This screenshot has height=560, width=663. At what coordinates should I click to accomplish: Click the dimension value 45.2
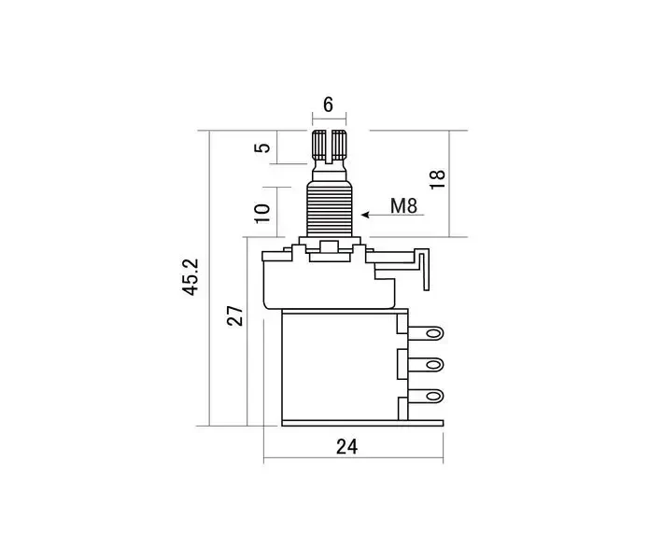point(190,277)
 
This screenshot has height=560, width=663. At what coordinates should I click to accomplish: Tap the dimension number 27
point(235,315)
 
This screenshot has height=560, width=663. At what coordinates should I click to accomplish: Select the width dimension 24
point(346,446)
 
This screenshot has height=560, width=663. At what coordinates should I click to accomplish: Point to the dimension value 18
point(438,179)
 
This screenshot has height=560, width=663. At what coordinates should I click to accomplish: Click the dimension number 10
point(262,213)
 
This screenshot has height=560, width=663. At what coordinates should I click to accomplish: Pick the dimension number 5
point(262,147)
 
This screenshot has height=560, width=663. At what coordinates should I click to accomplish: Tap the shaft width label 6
point(328,105)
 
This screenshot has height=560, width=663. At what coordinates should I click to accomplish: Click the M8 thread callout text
point(403,206)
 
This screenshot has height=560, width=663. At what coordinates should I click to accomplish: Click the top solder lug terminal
point(426,333)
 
